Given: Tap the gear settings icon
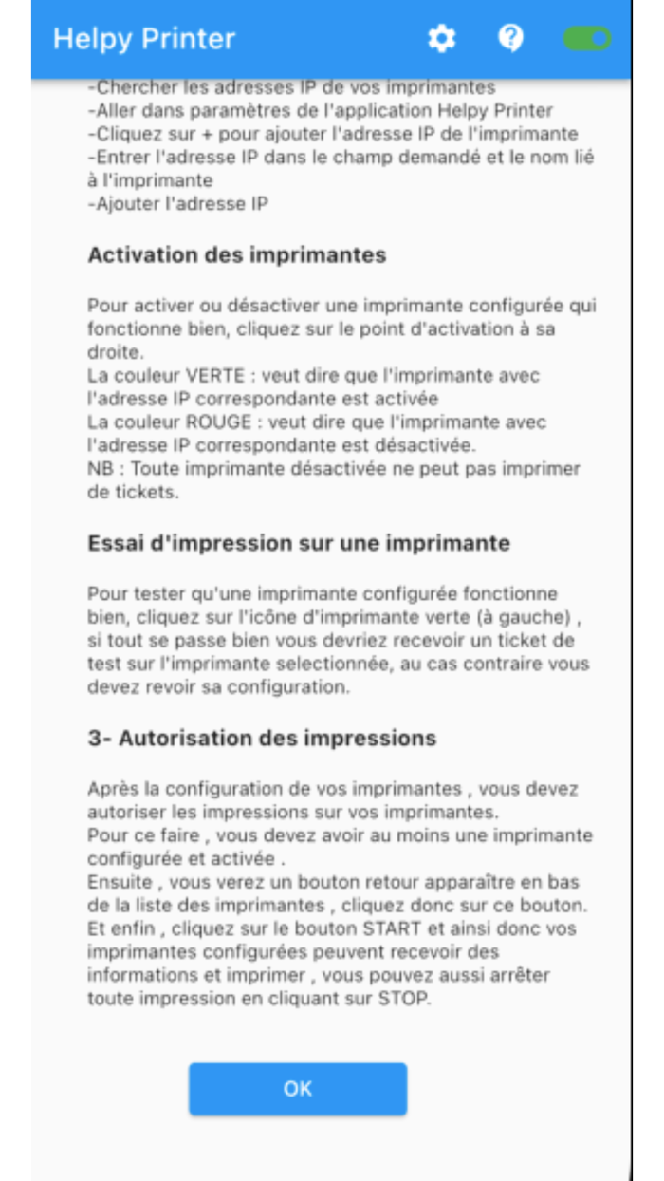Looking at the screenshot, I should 441,39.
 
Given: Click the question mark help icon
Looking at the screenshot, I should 511,38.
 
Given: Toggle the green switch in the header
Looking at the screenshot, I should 586,38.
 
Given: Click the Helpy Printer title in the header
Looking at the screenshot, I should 144,39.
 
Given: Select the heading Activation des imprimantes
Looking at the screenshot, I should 237,255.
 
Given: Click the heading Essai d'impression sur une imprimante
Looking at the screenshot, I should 299,543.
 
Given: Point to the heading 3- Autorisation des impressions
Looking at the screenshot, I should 262,739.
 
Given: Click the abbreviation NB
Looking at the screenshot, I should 101,468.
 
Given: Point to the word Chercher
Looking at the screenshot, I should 131,88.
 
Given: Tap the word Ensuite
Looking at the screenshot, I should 121,883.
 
